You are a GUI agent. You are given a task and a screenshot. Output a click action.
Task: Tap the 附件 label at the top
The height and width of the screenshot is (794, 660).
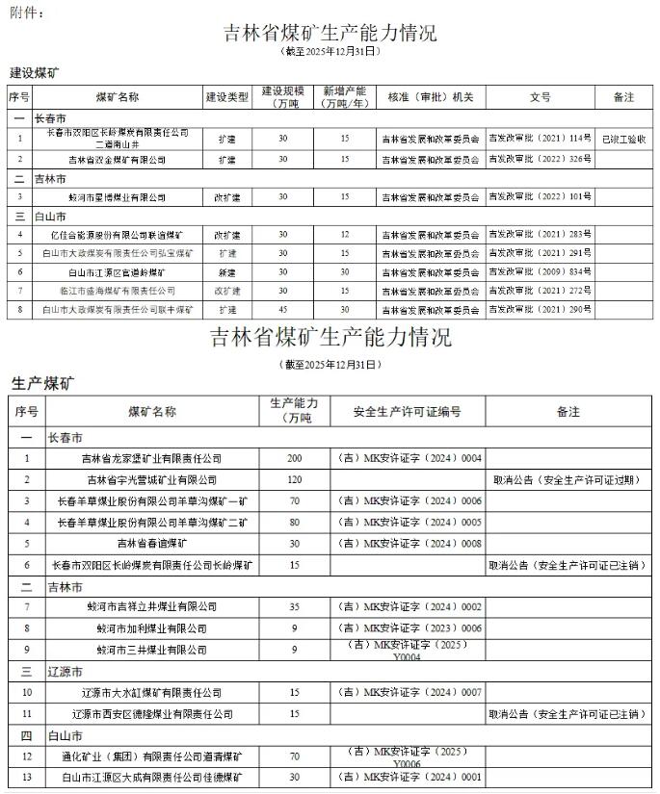point(22,11)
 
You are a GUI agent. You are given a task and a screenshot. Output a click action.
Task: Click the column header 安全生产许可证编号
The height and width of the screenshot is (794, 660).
point(406,411)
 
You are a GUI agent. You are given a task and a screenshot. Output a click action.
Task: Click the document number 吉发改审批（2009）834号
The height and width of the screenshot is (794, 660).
point(540,271)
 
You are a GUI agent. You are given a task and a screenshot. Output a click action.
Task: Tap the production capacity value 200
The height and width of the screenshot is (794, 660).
point(294,458)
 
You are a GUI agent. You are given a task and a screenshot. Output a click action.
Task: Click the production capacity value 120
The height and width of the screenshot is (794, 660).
point(294,479)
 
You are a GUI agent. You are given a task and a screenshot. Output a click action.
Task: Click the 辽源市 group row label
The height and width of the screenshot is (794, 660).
point(65,671)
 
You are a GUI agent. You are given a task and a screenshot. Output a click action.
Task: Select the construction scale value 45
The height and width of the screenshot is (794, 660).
point(282,310)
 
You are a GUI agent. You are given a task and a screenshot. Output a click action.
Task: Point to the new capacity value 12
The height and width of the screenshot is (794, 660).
point(345,234)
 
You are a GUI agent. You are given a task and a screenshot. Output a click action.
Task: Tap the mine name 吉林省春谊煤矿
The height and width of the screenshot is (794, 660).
point(151,543)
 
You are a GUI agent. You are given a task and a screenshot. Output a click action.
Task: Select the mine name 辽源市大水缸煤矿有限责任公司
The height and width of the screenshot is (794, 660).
point(151,692)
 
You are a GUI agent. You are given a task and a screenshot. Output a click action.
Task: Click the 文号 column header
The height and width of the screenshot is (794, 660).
point(540,98)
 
